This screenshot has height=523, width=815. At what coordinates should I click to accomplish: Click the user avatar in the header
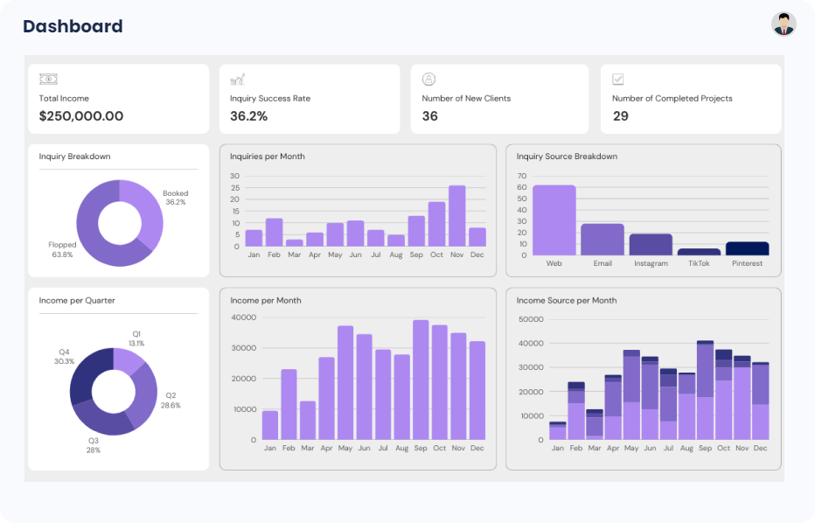[x=784, y=24]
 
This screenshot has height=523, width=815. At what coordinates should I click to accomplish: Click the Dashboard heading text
[x=73, y=26]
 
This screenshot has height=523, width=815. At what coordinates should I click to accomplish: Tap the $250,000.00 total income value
[x=81, y=116]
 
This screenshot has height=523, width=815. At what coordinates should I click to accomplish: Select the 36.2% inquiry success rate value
[x=248, y=116]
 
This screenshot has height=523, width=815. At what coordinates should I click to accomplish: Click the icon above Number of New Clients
[x=428, y=80]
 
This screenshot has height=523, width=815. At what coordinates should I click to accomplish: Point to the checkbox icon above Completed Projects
[x=618, y=80]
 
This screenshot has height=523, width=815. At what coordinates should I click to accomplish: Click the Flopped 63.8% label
[x=61, y=250]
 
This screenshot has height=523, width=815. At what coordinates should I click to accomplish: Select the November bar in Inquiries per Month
[x=456, y=216]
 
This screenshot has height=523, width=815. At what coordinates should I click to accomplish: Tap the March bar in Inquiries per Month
[x=295, y=242]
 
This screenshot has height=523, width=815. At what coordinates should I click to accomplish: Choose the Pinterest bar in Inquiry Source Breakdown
[x=747, y=248]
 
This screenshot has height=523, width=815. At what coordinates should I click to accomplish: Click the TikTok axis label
[x=699, y=263]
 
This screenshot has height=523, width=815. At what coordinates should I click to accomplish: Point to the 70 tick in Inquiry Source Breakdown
[x=521, y=176]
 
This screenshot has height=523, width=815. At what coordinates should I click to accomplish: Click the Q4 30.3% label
[x=64, y=356]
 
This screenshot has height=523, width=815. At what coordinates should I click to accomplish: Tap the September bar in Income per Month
[x=421, y=380]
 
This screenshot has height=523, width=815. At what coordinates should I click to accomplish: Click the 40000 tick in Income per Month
[x=244, y=317]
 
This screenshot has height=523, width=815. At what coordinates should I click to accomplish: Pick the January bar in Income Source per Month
[x=557, y=430]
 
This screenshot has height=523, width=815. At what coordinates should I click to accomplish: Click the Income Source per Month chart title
[x=566, y=301]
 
